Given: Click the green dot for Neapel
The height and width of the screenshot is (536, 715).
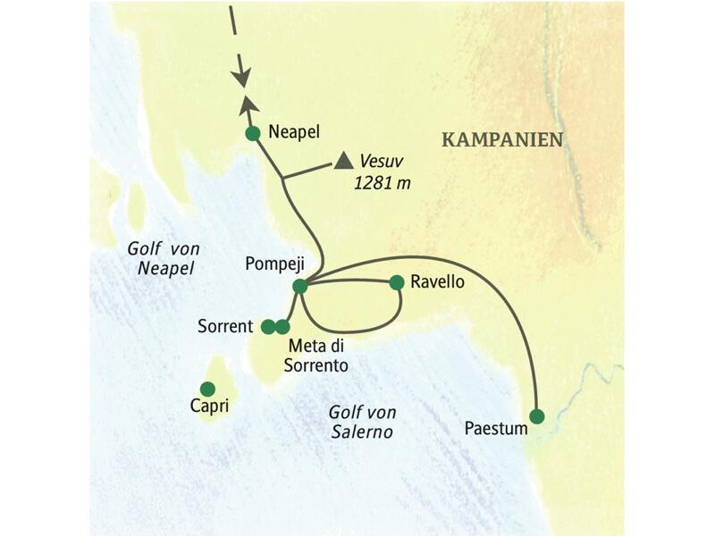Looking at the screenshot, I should [252, 134].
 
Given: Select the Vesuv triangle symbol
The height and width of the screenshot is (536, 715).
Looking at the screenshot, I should [343, 162].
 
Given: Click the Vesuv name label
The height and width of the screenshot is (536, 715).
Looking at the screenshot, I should [380, 162].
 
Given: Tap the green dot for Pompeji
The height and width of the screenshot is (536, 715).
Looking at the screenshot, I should [300, 286].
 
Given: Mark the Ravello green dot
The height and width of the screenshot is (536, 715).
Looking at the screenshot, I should [397, 282].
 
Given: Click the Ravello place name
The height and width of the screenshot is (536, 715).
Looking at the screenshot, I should [438, 281].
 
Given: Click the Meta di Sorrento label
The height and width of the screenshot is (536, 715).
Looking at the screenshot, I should [317, 355].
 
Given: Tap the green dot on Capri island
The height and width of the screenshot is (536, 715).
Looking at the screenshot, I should [207, 389].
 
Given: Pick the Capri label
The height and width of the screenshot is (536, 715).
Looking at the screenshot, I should [209, 407].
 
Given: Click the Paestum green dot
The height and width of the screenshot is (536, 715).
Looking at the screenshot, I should [536, 416].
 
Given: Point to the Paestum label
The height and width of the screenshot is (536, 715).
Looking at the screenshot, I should [496, 429].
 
